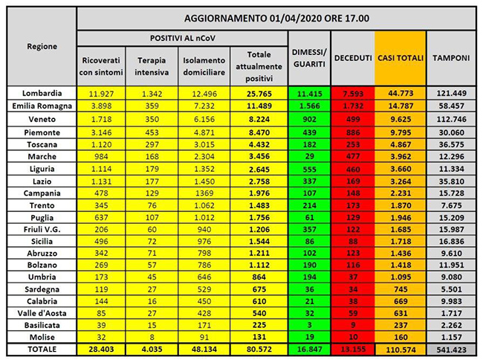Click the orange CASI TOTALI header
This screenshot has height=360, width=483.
click(401, 57)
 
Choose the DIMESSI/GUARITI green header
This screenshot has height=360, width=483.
click(309, 57)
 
